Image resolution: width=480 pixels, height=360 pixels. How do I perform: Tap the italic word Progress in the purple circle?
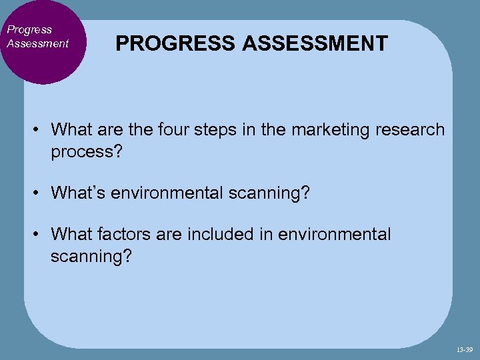pyautogui.click(x=29, y=29)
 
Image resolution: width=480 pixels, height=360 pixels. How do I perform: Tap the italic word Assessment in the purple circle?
pyautogui.click(x=37, y=43)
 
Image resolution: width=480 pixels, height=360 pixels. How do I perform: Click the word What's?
pyautogui.click(x=79, y=193)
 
